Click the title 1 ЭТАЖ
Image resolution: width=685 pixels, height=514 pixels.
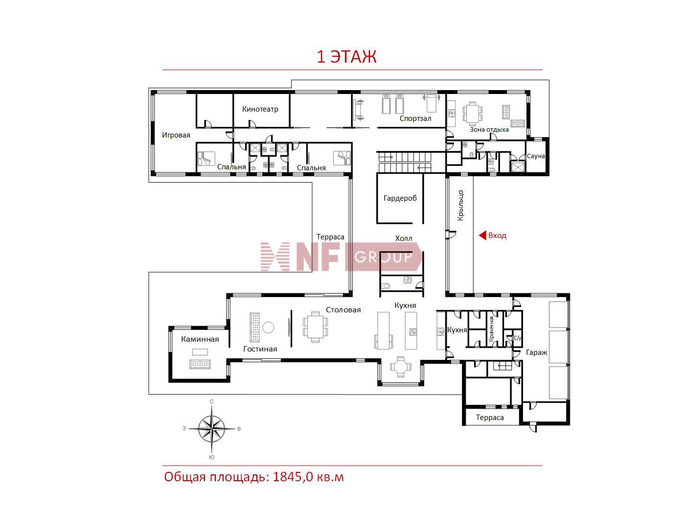[x=346, y=57]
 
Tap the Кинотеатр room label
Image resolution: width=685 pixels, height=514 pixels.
[x=260, y=109]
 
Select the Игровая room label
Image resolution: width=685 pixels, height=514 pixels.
[x=176, y=135]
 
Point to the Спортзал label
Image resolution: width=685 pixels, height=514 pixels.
[x=415, y=118]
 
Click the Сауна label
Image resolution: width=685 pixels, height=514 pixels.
[x=535, y=156]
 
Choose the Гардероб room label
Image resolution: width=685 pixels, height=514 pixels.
[x=400, y=198]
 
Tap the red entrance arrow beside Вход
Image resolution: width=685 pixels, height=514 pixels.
[x=482, y=235]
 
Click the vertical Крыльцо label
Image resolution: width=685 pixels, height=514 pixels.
[x=460, y=205]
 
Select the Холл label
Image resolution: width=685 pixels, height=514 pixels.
[x=404, y=238]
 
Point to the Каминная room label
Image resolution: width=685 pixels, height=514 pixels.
[x=200, y=339]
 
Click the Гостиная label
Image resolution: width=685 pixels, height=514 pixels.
[x=260, y=349]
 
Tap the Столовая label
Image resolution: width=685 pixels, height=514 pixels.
[x=343, y=310]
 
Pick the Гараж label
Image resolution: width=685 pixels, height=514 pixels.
[x=536, y=352]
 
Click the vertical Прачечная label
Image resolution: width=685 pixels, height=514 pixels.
[x=491, y=329]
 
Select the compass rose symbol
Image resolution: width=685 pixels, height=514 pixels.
[x=211, y=429]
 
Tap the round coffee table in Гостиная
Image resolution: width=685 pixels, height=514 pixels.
[x=268, y=327]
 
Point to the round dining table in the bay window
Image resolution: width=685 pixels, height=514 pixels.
[x=400, y=367]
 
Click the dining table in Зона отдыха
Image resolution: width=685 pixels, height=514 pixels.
[x=473, y=113]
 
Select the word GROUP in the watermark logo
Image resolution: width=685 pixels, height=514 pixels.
[x=383, y=257]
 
